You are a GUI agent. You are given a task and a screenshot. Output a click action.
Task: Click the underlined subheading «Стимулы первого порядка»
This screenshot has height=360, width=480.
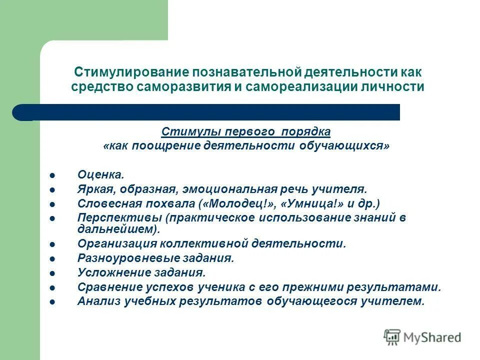point(245,132)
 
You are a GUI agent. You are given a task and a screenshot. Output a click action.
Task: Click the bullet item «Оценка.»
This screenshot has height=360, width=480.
point(100,175)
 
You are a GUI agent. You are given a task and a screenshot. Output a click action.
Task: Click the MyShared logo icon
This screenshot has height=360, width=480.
point(392,337)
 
